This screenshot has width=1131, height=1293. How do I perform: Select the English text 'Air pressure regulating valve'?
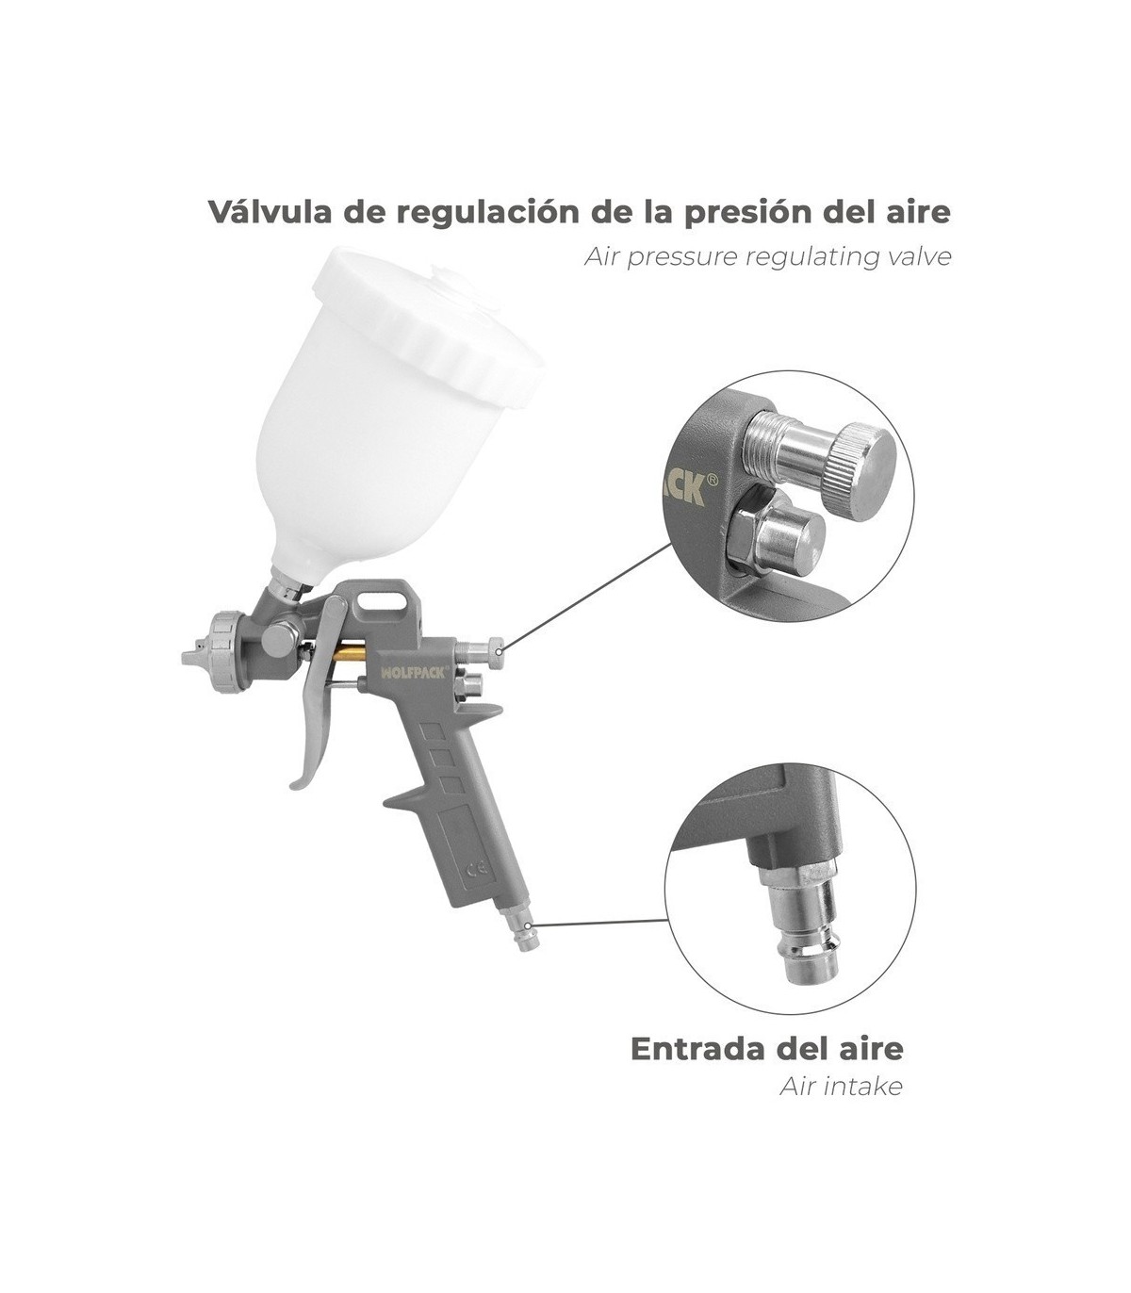[x=768, y=258]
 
